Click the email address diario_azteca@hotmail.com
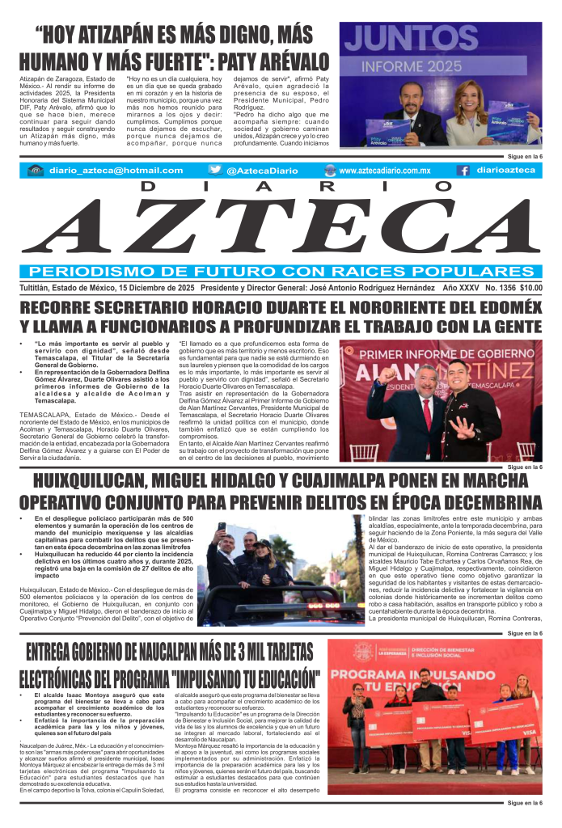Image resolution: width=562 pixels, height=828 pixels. pyautogui.click(x=116, y=171)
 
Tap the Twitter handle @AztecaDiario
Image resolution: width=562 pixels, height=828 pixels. pyautogui.click(x=259, y=171)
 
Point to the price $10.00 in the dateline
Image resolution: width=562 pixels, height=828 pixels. pyautogui.click(x=531, y=287)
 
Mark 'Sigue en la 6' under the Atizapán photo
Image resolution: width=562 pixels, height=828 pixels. pyautogui.click(x=524, y=155)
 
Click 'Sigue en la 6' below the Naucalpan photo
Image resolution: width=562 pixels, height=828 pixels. pyautogui.click(x=524, y=804)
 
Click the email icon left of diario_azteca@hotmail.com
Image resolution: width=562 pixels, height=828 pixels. pyautogui.click(x=35, y=171)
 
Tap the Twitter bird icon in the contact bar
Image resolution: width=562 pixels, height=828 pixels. pyautogui.click(x=214, y=171)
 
